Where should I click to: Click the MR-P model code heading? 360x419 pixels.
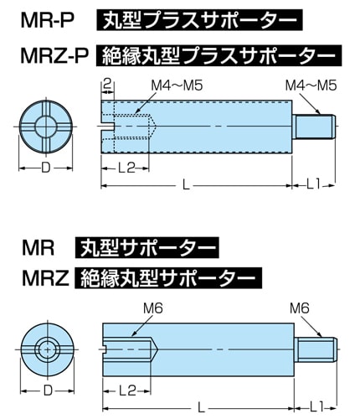(47, 20)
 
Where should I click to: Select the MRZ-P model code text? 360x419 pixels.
(54, 55)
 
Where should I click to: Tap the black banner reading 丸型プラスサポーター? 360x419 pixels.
(199, 20)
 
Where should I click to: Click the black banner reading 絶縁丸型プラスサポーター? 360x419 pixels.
(219, 55)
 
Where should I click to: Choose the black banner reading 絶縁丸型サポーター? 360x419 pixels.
(168, 278)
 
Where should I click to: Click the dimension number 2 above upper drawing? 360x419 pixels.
(107, 84)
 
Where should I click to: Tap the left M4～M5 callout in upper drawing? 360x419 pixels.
(177, 85)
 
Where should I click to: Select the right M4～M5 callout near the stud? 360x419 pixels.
(311, 85)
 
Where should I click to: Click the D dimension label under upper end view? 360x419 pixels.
(46, 168)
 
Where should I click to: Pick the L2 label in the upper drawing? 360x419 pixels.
(126, 168)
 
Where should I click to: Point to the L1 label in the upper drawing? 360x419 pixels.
(313, 184)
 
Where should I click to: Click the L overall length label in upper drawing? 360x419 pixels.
(186, 185)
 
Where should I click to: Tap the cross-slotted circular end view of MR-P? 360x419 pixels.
(46, 127)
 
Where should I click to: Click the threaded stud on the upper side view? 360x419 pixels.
(314, 127)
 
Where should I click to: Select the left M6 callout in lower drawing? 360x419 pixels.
(152, 308)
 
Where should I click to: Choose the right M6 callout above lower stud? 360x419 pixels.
(300, 308)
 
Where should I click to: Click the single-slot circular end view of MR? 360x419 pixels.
(48, 349)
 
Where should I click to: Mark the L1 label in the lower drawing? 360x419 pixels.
(316, 409)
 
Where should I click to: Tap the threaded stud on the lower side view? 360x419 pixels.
(316, 349)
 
